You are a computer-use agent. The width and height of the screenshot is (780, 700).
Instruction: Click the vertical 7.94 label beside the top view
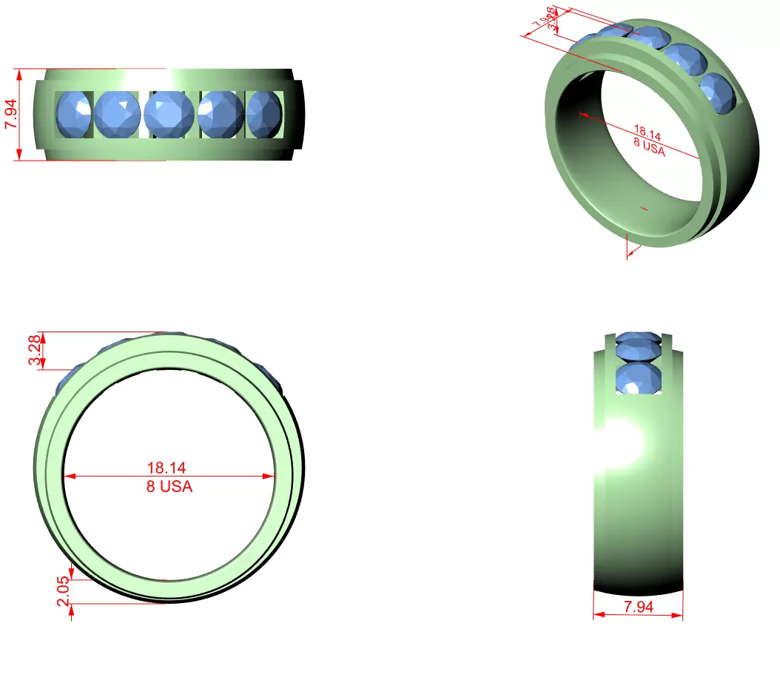[x=12, y=114]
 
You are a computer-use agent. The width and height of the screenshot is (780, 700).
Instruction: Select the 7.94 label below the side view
[x=638, y=607]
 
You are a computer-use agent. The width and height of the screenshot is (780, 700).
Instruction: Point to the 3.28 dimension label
[x=35, y=350]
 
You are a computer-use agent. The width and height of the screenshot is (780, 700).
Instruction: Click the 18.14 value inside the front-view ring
[x=167, y=468]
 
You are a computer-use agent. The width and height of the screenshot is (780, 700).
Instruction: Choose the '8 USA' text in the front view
[x=169, y=487]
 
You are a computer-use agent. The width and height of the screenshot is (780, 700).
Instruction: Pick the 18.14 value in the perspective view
[x=648, y=134]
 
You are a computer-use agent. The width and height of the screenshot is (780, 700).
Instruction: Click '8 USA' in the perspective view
[x=649, y=147]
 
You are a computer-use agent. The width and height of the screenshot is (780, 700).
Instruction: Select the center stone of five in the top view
[x=169, y=115]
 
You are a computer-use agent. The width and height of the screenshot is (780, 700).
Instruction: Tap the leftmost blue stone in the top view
[x=73, y=115]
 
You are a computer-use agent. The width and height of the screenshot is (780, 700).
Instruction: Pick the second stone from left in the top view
[x=117, y=114]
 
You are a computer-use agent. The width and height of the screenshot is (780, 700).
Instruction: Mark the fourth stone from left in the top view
[x=221, y=114]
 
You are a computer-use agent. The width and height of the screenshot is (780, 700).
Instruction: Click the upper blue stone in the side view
[x=638, y=344]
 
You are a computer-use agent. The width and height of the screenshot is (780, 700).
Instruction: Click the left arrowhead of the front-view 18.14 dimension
[x=67, y=477]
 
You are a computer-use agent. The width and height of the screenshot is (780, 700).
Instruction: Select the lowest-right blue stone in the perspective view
[x=718, y=93]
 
